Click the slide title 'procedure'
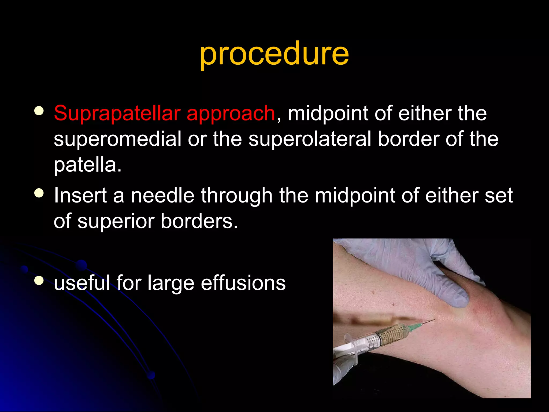pos(274,54)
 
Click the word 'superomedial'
pos(117,139)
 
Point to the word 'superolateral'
pos(310,139)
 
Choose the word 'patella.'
pos(88,165)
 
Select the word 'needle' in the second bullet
pos(162,195)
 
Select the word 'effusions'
pos(243,283)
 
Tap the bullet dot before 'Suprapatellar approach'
pos(39,111)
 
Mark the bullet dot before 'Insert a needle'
pos(39,193)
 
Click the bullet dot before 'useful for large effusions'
pos(39,281)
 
